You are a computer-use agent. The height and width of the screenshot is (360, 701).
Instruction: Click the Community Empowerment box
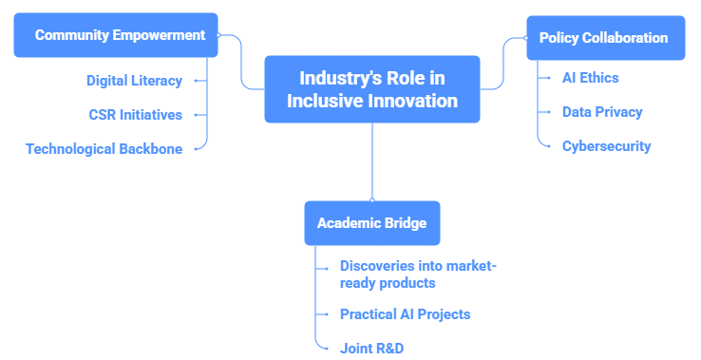pyautogui.click(x=116, y=35)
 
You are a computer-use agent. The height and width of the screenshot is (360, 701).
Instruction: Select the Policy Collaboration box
pyautogui.click(x=606, y=38)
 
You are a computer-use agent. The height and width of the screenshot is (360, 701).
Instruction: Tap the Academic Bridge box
pyautogui.click(x=372, y=223)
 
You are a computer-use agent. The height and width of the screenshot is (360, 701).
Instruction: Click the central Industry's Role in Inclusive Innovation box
pyautogui.click(x=372, y=89)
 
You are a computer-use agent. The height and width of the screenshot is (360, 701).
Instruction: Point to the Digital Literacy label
pyautogui.click(x=134, y=81)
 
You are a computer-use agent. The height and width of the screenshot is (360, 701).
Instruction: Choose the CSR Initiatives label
pyautogui.click(x=136, y=115)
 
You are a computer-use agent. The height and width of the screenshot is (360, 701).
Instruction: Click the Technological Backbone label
pyautogui.click(x=104, y=149)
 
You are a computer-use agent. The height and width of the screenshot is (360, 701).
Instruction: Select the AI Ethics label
pyautogui.click(x=590, y=78)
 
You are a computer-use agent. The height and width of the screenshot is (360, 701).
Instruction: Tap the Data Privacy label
pyautogui.click(x=602, y=112)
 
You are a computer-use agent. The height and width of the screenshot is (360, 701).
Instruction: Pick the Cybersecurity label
pyautogui.click(x=606, y=146)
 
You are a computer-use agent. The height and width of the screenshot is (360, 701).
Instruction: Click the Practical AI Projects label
pyautogui.click(x=405, y=314)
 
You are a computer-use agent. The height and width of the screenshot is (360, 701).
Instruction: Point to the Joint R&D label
pyautogui.click(x=371, y=349)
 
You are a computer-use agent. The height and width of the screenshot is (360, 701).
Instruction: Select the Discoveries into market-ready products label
pyautogui.click(x=418, y=275)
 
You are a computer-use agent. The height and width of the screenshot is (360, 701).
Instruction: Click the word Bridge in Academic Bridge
pyautogui.click(x=404, y=223)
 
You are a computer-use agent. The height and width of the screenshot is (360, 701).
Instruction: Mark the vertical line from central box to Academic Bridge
pyautogui.click(x=372, y=161)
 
